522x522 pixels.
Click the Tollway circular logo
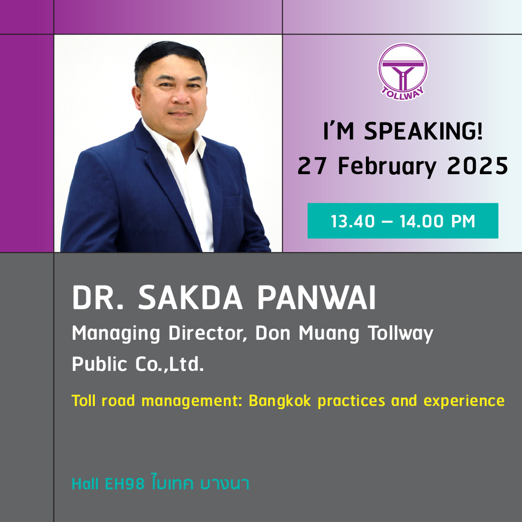tap(403, 72)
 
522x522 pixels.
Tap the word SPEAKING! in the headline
tap(424, 131)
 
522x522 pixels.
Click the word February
tap(387, 167)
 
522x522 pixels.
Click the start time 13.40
tap(352, 221)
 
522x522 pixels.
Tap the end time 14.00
tap(422, 221)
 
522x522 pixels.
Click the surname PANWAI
tap(317, 297)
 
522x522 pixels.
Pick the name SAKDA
tap(190, 297)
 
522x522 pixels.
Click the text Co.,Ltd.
tap(170, 364)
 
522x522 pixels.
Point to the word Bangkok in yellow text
tap(280, 401)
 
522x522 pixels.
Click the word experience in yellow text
tap(464, 401)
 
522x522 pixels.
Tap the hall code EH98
tap(125, 484)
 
